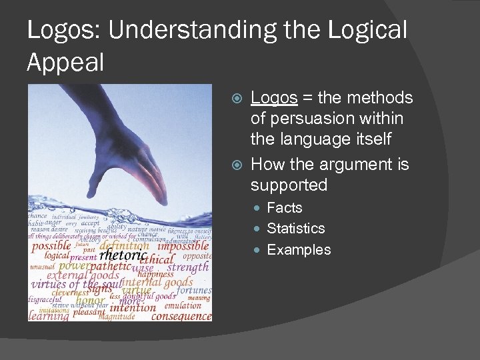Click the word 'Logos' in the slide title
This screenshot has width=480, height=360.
[57, 31]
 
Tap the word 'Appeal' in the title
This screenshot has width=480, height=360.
[65, 63]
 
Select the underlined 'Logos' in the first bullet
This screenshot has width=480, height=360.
[273, 98]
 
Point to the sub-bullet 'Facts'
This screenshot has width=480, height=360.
[284, 207]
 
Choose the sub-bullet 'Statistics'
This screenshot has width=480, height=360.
[295, 228]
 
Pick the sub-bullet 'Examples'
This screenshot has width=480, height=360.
[298, 249]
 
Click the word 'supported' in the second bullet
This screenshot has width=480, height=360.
[289, 185]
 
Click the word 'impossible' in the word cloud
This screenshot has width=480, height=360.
[184, 245]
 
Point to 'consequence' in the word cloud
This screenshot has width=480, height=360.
[181, 316]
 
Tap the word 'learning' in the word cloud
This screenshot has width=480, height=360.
[49, 316]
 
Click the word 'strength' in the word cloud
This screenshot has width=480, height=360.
[187, 267]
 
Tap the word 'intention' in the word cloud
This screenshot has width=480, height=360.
[133, 307]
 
